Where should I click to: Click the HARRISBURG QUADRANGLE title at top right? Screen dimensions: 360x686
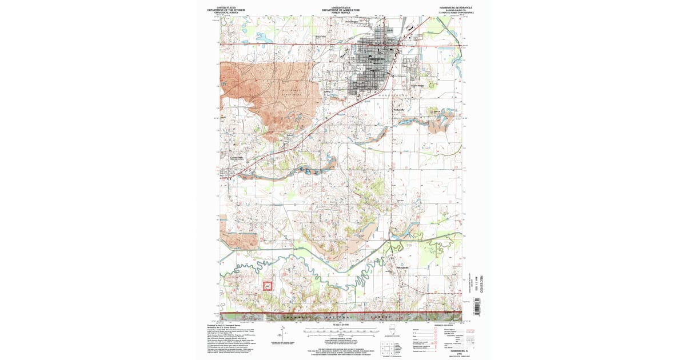point(449,7)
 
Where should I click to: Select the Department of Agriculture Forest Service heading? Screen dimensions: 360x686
point(341,10)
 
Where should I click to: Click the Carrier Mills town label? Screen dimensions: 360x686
point(237,158)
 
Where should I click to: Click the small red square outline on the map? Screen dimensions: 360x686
point(267,286)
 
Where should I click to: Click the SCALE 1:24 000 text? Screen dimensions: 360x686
point(340,325)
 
